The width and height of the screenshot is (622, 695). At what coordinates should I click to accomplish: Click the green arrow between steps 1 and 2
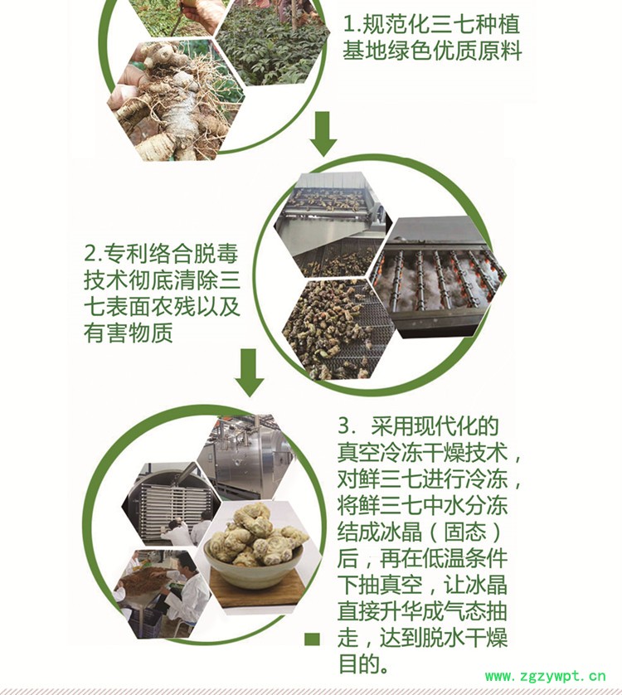click(323, 134)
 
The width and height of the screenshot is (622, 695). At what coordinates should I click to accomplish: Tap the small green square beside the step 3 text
click(312, 639)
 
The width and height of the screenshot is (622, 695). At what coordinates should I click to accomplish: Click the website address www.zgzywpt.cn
click(546, 677)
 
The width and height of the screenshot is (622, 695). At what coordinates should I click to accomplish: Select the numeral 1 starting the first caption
click(349, 24)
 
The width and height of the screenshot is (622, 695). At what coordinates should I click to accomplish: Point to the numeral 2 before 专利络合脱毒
click(90, 253)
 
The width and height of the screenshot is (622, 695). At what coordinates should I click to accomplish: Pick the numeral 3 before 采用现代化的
click(344, 426)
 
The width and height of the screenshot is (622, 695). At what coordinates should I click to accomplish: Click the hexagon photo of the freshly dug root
click(176, 100)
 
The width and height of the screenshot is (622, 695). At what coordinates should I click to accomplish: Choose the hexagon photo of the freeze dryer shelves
click(172, 504)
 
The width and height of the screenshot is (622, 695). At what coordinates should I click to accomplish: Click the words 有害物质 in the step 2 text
click(128, 332)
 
